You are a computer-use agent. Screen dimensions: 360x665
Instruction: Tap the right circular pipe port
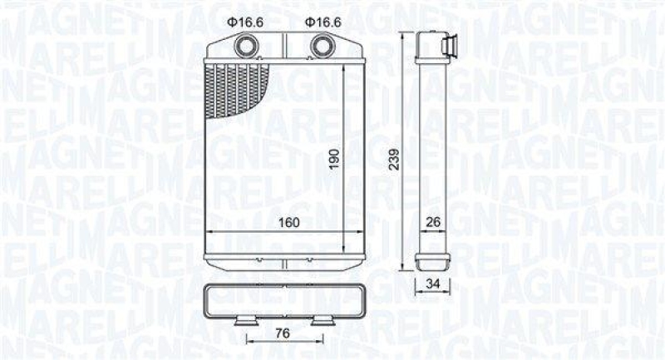tap(320, 46)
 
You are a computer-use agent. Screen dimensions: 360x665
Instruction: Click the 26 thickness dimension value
tap(432, 222)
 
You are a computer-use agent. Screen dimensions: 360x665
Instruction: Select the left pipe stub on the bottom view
tap(246, 320)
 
